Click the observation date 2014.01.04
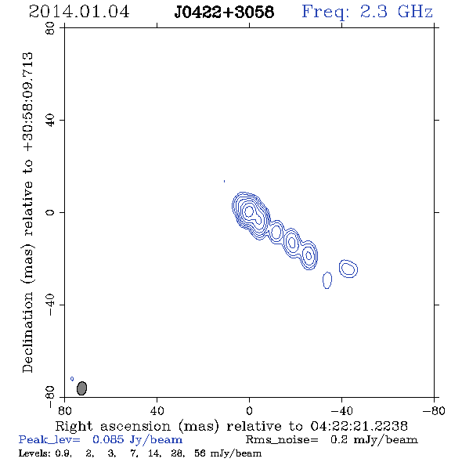[79, 12]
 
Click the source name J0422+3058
[224, 12]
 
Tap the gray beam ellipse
[81, 388]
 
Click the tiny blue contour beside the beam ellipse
[72, 379]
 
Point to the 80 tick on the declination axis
[50, 28]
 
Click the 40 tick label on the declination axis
[50, 121]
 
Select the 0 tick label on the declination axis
[50, 212]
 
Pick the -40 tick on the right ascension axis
[341, 410]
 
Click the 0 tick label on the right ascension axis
[249, 410]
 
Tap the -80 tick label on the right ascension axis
[434, 410]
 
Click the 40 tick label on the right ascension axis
[157, 410]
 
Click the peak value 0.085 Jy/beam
[137, 439]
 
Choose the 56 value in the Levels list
[200, 453]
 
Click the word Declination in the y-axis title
[27, 333]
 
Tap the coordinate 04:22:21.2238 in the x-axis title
[359, 426]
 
